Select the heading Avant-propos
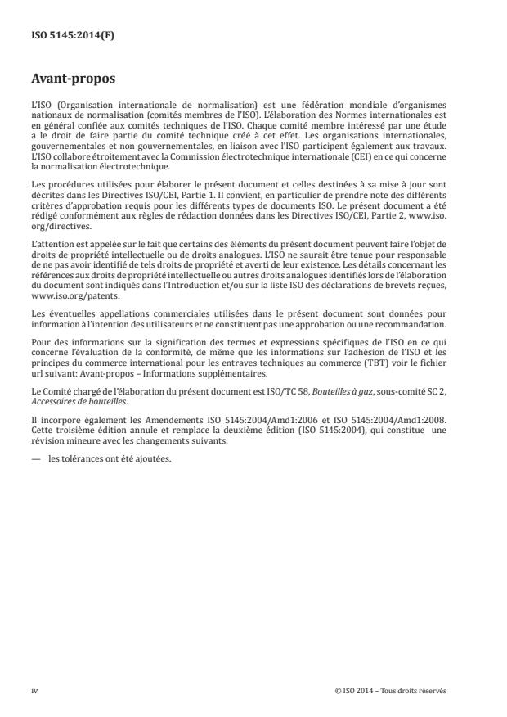71,81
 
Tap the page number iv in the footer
34,690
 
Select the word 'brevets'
404,284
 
